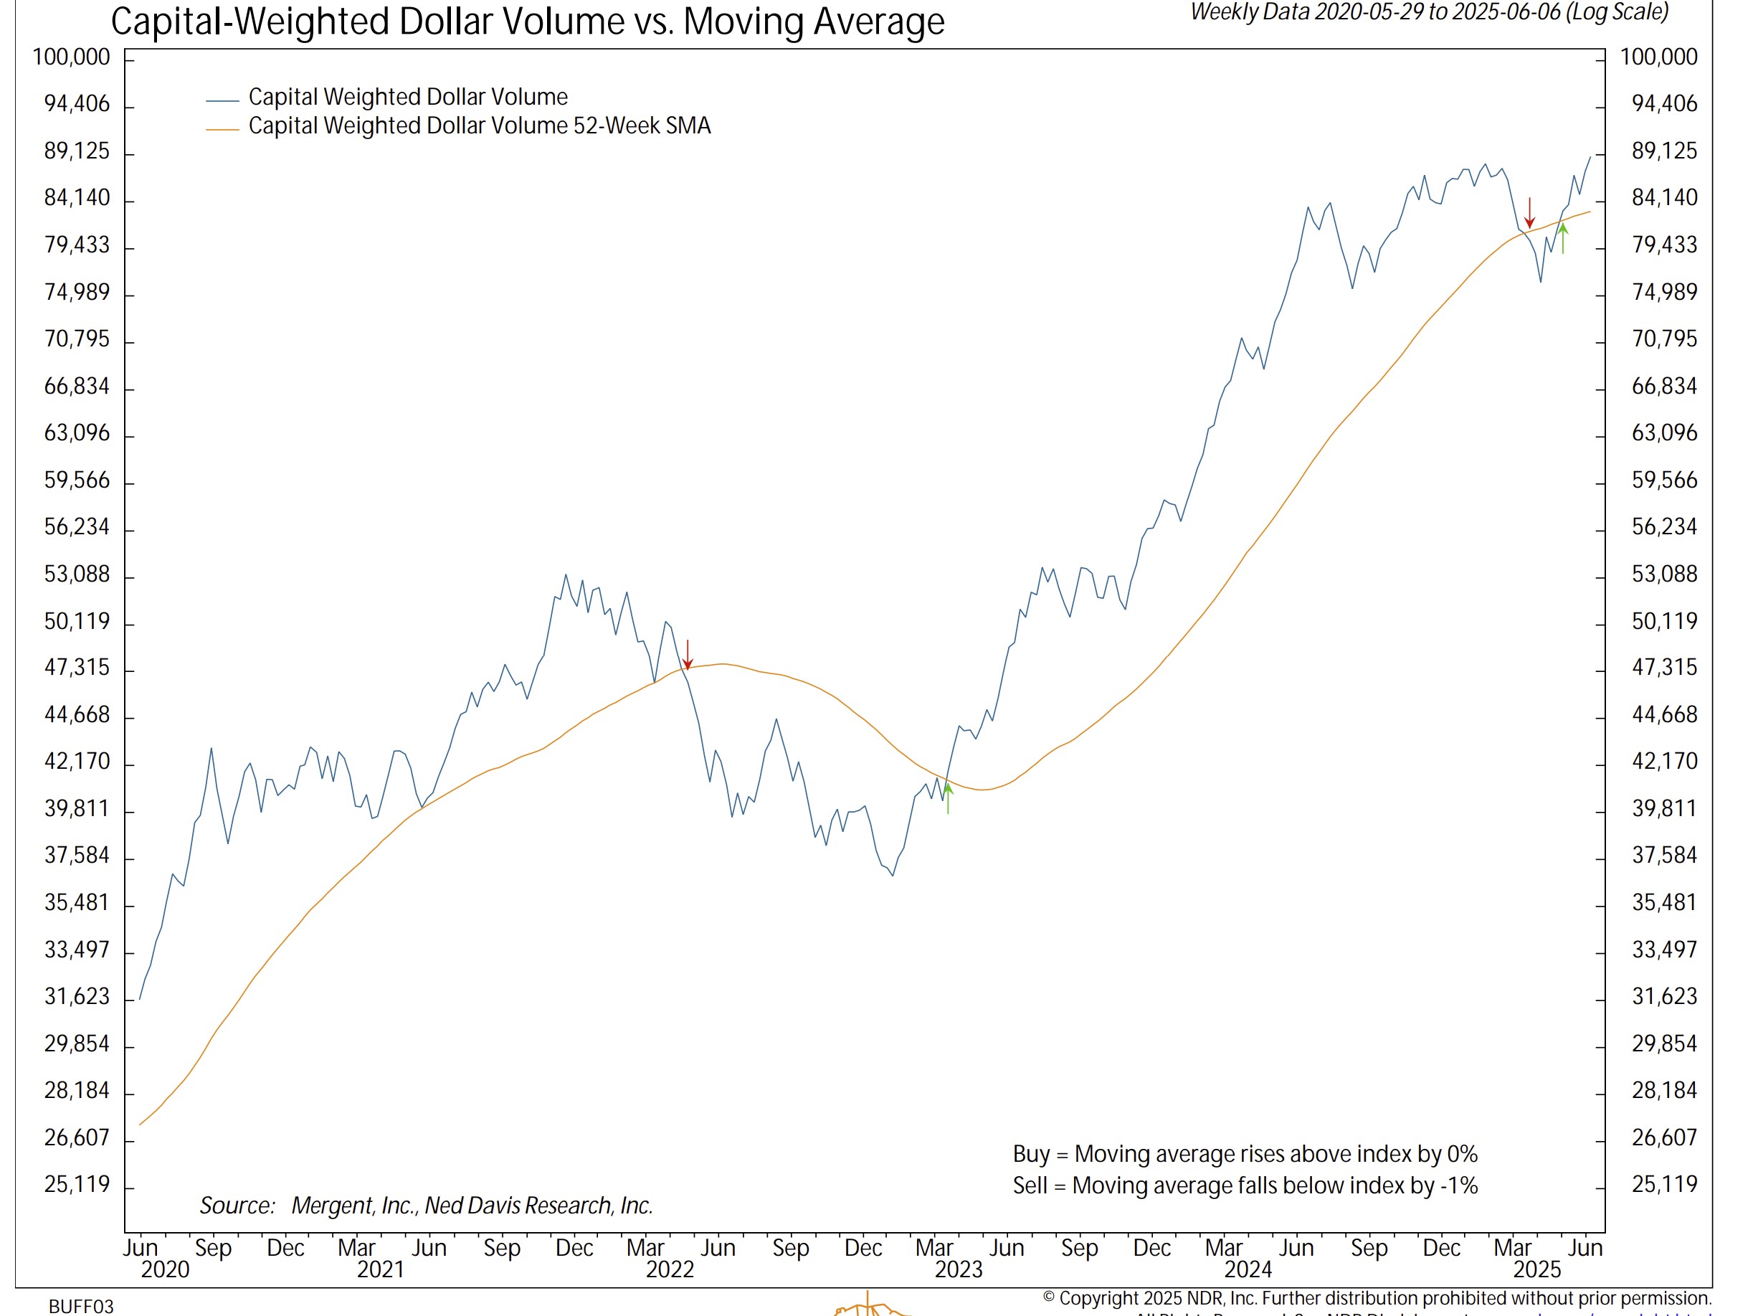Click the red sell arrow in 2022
tap(688, 655)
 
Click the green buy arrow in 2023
tap(947, 797)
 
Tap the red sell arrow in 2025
tap(1529, 212)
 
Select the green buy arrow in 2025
tap(1562, 239)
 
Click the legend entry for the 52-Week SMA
tap(479, 126)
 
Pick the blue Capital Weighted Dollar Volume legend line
tap(222, 101)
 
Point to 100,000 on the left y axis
tap(72, 57)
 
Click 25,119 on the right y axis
tap(1664, 1184)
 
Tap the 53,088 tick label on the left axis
tap(77, 573)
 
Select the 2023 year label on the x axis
tap(959, 1269)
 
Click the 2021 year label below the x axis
tap(381, 1269)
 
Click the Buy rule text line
tap(1245, 1154)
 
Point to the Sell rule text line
tap(1245, 1185)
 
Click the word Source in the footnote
tap(237, 1206)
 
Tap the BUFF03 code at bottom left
tap(81, 1307)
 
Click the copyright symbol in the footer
tap(1049, 1297)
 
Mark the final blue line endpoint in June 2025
tap(1590, 156)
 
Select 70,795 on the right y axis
tap(1664, 339)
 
